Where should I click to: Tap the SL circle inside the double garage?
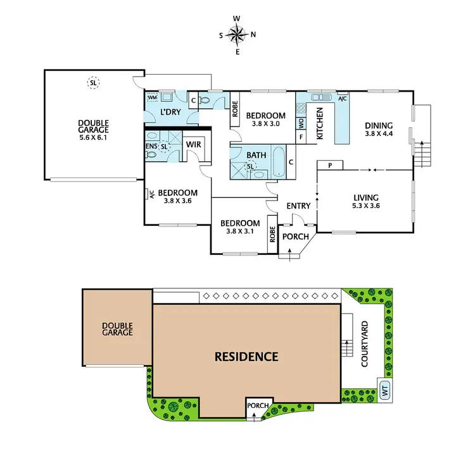[x=94, y=83]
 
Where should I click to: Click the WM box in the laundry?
[x=152, y=98]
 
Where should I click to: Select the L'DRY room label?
[x=170, y=112]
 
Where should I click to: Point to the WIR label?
[x=193, y=144]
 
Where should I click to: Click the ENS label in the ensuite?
[x=151, y=146]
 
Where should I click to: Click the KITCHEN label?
[x=320, y=123]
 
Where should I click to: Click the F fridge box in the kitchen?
[x=301, y=137]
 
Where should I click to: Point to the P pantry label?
[x=330, y=165]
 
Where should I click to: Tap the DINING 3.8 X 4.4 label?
[x=379, y=129]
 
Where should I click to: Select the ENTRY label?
[x=298, y=206]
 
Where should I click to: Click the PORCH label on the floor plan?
[x=295, y=237]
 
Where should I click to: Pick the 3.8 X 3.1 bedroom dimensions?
[x=239, y=231]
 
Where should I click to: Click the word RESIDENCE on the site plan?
[x=246, y=357]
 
